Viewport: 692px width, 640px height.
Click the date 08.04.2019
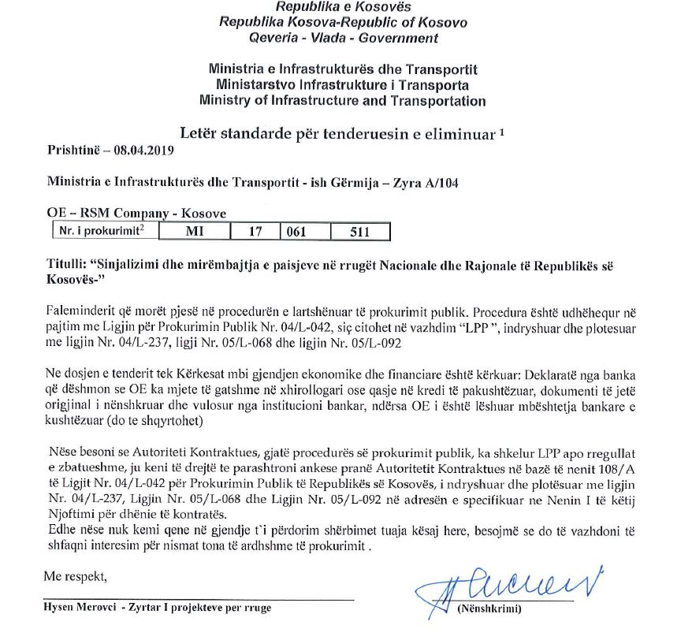pyautogui.click(x=147, y=149)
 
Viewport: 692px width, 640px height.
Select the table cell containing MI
pyautogui.click(x=193, y=231)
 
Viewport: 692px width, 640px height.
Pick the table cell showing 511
pyautogui.click(x=359, y=231)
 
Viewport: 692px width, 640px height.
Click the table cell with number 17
pyautogui.click(x=255, y=231)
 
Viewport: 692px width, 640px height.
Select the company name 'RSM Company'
pyautogui.click(x=128, y=214)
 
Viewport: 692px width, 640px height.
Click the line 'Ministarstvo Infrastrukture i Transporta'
pyautogui.click(x=343, y=85)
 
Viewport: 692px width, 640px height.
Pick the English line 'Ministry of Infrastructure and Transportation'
pyautogui.click(x=343, y=100)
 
